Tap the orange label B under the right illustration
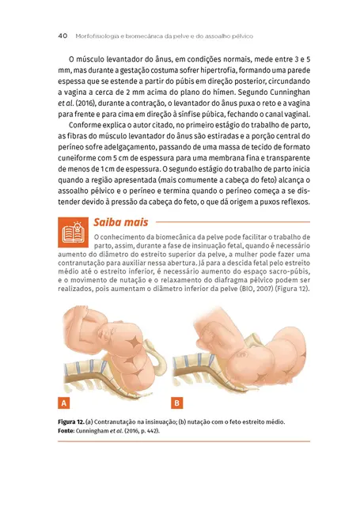click(x=177, y=402)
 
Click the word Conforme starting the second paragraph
click(x=90, y=126)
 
